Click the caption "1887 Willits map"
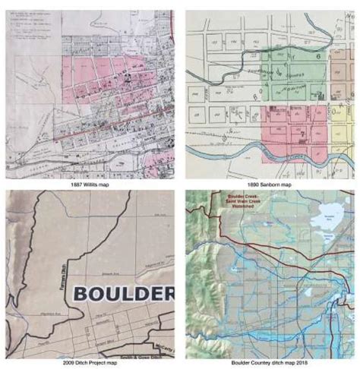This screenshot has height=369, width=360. coord(90,183)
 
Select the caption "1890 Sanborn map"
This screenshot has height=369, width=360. coord(269,183)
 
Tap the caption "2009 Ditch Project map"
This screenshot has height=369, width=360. coord(90,364)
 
